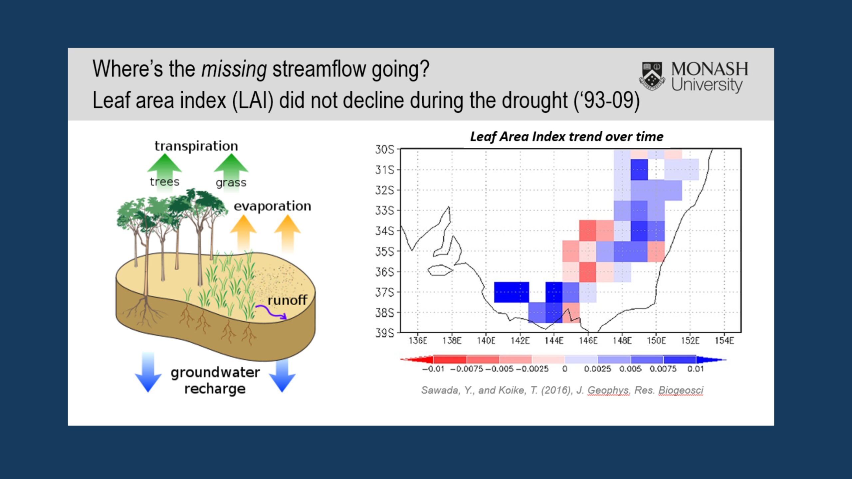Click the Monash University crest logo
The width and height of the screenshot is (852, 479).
pyautogui.click(x=652, y=76)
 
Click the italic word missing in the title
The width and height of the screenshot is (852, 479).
pyautogui.click(x=234, y=69)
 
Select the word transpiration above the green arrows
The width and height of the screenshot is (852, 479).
pyautogui.click(x=196, y=146)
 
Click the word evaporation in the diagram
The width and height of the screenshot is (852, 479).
pyautogui.click(x=272, y=206)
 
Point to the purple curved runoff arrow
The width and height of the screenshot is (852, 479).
pyautogui.click(x=271, y=312)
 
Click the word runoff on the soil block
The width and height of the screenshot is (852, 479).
pyautogui.click(x=287, y=300)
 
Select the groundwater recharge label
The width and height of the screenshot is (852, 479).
pyautogui.click(x=215, y=380)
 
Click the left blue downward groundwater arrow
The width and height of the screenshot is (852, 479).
pyautogui.click(x=148, y=373)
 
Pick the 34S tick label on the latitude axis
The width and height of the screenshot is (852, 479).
pyautogui.click(x=384, y=231)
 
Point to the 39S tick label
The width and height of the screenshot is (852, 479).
pyautogui.click(x=384, y=333)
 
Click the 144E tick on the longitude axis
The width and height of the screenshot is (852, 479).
pyautogui.click(x=554, y=341)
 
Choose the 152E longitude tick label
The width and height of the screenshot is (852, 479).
pyautogui.click(x=690, y=341)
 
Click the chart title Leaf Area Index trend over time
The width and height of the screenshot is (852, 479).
pyautogui.click(x=566, y=137)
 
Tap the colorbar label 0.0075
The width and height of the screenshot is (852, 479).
pyautogui.click(x=663, y=369)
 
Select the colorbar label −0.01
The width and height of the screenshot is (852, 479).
pyautogui.click(x=433, y=369)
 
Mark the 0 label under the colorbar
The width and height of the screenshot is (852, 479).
pyautogui.click(x=565, y=369)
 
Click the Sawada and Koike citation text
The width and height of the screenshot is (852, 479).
pyautogui.click(x=562, y=390)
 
